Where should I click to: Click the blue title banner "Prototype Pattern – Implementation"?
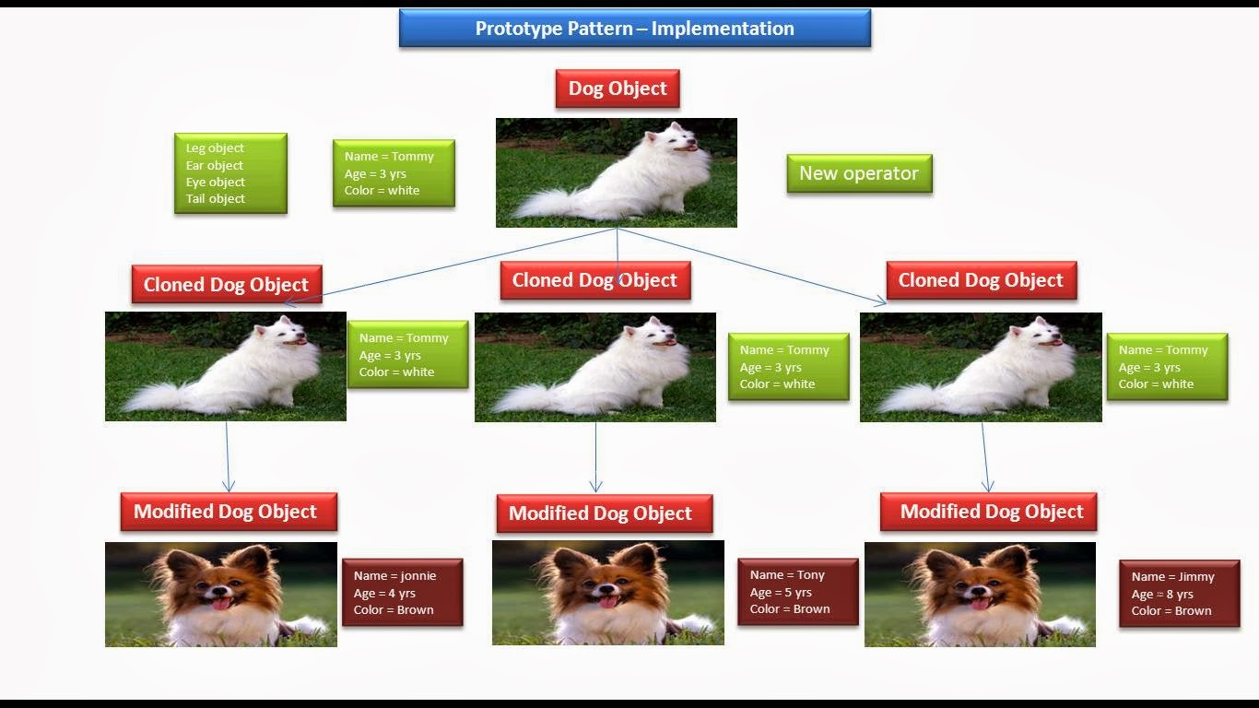(634, 29)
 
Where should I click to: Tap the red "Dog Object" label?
(618, 88)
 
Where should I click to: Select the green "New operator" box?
(859, 173)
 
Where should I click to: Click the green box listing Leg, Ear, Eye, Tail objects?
(230, 173)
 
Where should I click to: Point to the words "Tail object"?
(216, 199)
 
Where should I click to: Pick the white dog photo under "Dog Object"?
(616, 172)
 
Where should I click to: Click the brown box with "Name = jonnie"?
(402, 593)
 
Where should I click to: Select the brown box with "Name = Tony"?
(797, 592)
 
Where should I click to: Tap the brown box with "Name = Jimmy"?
(1179, 594)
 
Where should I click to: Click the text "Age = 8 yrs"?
(1162, 594)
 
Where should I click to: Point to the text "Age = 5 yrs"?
(781, 592)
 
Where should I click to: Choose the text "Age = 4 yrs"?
(384, 593)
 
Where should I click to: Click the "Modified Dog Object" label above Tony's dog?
(604, 513)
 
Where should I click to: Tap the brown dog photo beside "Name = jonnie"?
(221, 594)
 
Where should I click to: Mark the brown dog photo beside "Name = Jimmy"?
(980, 594)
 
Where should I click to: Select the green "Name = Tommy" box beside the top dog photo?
(394, 173)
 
